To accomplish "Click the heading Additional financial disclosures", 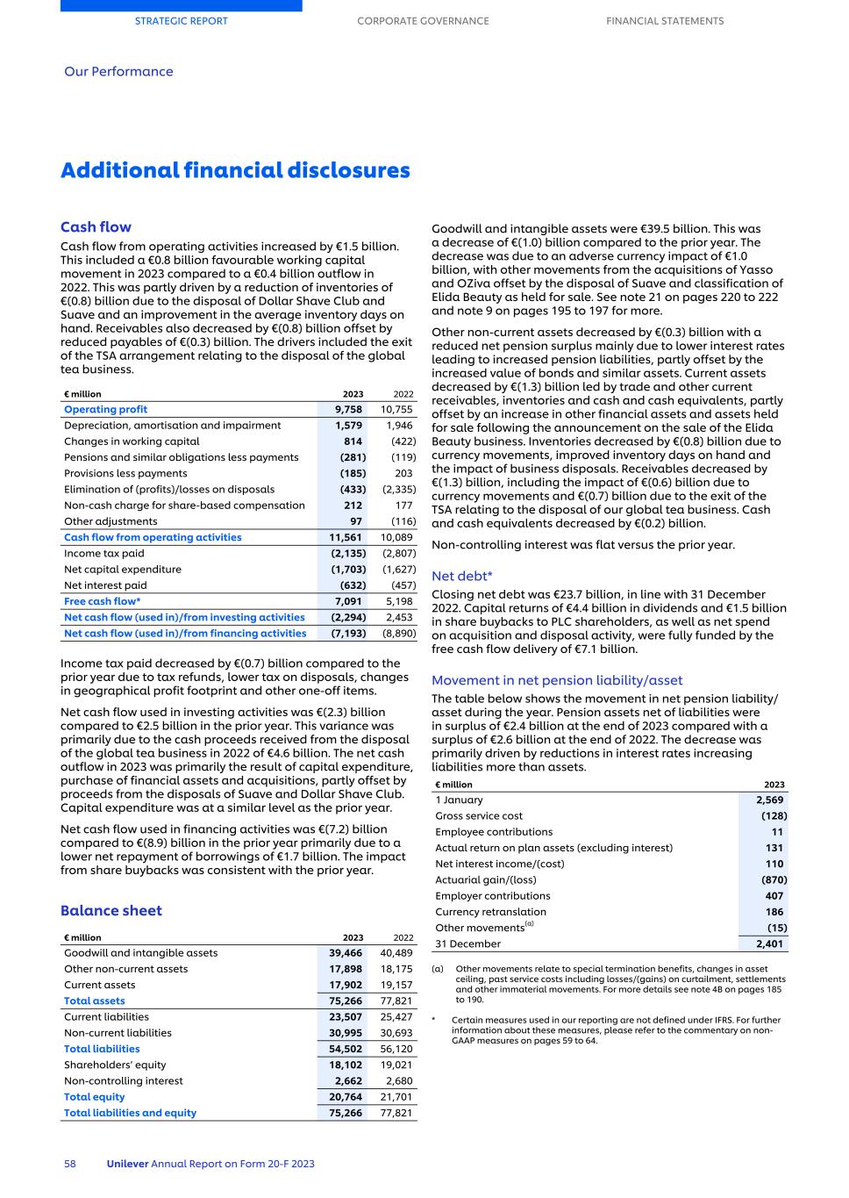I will [x=235, y=170].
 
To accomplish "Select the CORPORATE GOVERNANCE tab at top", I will [x=423, y=21].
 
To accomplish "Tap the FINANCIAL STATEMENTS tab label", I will [x=665, y=21].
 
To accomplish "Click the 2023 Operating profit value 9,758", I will [x=348, y=409].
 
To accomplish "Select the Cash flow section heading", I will [x=96, y=227].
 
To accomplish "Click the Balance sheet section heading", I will [x=111, y=910].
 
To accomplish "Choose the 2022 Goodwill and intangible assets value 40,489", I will [x=396, y=952].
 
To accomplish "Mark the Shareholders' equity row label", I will [x=115, y=1065].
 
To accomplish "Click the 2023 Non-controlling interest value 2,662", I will [x=348, y=1080].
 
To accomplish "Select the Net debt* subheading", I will [x=461, y=576].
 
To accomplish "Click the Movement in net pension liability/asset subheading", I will [x=557, y=680].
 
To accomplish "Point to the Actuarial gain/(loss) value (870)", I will [x=774, y=879].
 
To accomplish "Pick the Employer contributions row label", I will [x=493, y=895].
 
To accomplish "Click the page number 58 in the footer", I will [x=70, y=1164].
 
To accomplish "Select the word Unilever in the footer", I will [x=127, y=1164].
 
